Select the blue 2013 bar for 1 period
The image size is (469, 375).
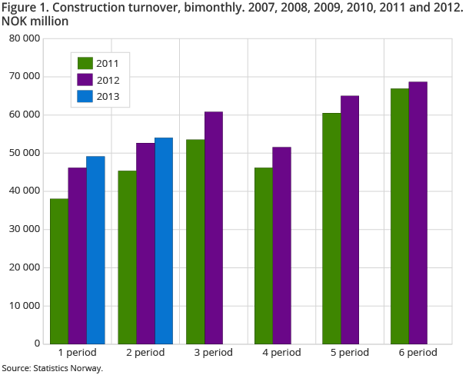(95, 250)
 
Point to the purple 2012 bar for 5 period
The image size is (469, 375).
(350, 219)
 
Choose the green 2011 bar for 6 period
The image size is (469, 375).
(400, 216)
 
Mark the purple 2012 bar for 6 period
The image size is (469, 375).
(418, 212)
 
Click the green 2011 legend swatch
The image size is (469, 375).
(85, 63)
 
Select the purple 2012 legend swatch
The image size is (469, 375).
(85, 80)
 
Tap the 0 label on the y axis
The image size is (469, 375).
(37, 344)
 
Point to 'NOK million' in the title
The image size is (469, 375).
(35, 22)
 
